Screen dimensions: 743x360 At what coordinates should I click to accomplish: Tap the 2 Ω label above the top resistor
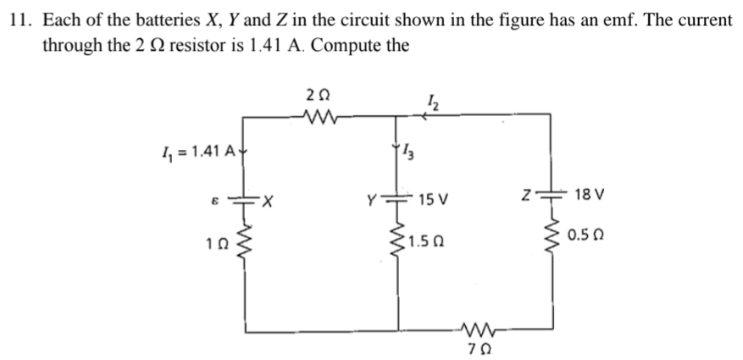click(318, 97)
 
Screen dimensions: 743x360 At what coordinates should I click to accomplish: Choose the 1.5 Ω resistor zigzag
click(397, 242)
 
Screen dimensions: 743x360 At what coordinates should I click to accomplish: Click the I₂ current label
click(433, 102)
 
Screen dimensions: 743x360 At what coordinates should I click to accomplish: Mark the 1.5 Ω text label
click(425, 242)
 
